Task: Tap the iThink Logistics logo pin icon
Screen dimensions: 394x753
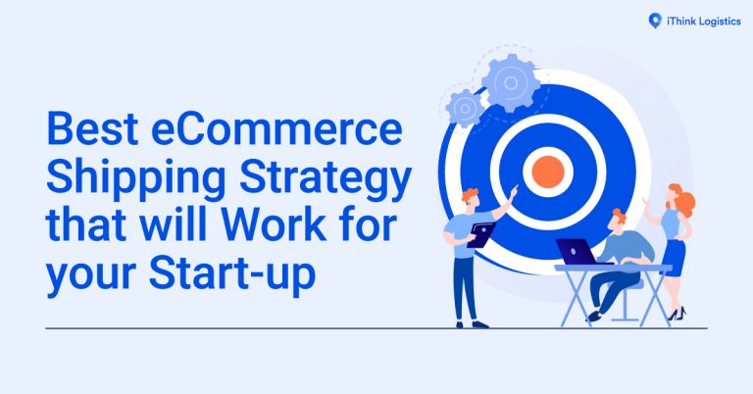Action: click(655, 19)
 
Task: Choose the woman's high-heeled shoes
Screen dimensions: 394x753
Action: click(676, 315)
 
